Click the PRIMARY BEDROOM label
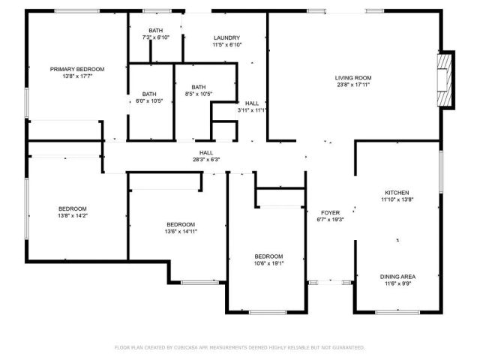[x=77, y=69]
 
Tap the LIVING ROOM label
[x=352, y=77]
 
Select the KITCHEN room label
[x=397, y=192]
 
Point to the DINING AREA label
[x=397, y=277]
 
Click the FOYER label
[x=331, y=212]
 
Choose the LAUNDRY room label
[x=226, y=37]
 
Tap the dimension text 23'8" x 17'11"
[x=352, y=85]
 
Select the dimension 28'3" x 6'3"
[x=205, y=159]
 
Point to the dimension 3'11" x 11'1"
[x=252, y=110]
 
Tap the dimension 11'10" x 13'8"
[x=397, y=199]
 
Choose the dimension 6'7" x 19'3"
[x=331, y=220]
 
